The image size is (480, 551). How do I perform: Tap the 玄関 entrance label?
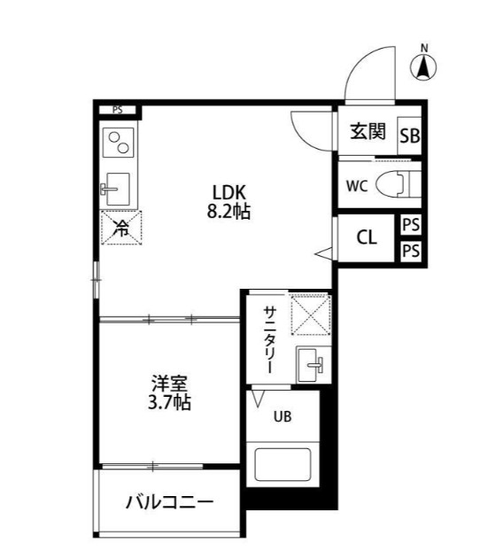tap(367, 133)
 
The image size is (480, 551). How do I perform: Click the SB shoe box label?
tap(409, 136)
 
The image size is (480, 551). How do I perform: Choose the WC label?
tap(356, 186)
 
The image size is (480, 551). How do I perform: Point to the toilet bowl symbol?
tap(395, 185)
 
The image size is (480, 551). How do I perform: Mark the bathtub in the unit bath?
tap(281, 466)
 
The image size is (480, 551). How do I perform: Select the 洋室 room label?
tap(168, 383)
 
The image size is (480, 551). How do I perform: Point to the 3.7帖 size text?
tap(168, 402)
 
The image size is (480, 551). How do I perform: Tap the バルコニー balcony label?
tap(168, 502)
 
